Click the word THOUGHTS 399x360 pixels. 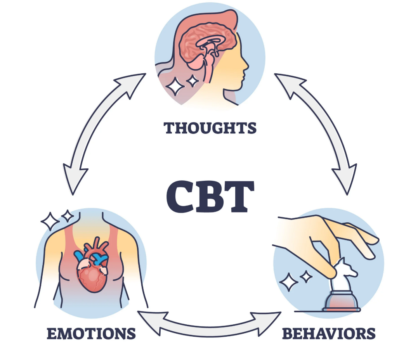(x=210, y=128)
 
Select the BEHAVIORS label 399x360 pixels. (x=328, y=333)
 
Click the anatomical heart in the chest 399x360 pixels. (x=92, y=268)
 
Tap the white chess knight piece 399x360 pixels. (x=345, y=272)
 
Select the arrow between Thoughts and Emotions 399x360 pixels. (x=97, y=132)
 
